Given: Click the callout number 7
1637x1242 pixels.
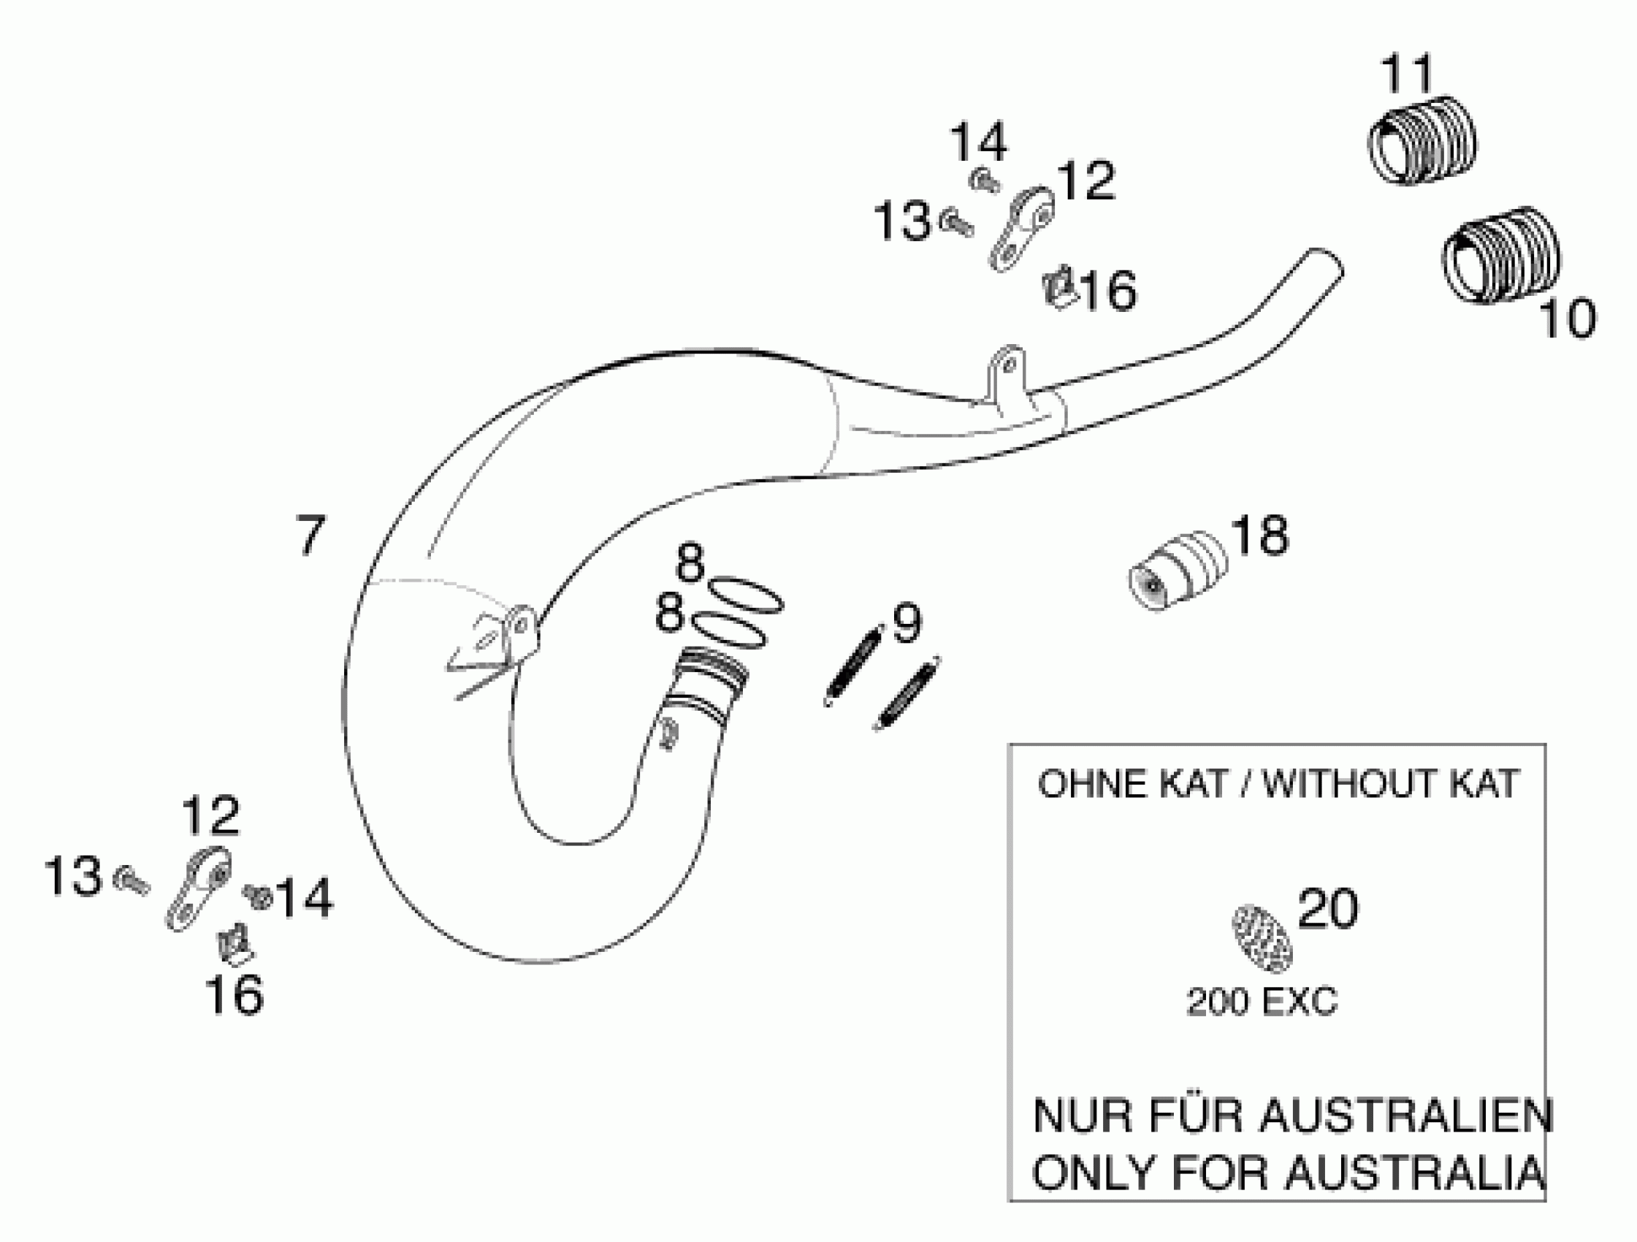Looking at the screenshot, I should click(x=310, y=535).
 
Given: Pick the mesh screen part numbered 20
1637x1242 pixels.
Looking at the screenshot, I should click(x=1262, y=938).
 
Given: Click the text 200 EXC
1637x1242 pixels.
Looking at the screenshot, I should click(x=1262, y=1003).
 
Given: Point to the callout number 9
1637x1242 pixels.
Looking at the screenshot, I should click(x=906, y=623).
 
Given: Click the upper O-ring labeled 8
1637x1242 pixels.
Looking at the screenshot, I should click(x=744, y=595).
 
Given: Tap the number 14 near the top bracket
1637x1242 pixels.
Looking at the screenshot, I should click(x=978, y=143).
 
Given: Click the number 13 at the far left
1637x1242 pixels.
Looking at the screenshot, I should click(x=72, y=877).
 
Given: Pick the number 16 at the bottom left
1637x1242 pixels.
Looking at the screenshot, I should click(x=234, y=994).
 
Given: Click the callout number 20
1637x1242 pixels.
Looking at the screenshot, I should click(x=1329, y=908).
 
